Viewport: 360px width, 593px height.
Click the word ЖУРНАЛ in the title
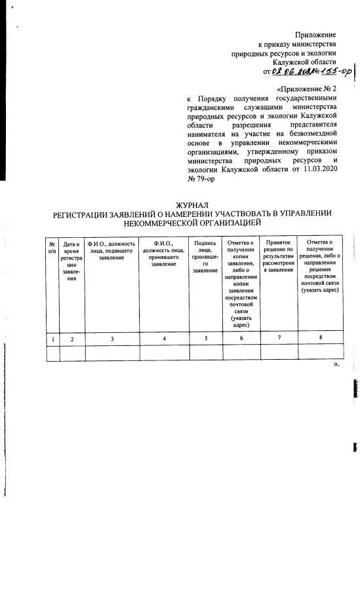tap(192, 206)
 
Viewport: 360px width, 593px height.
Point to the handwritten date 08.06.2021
tap(290, 71)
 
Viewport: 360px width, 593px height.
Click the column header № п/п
tap(52, 247)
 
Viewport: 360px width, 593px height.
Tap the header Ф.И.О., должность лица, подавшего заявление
tap(112, 250)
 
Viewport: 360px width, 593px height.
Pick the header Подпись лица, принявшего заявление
tap(205, 257)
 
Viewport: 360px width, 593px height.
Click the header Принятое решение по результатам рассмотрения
tap(279, 257)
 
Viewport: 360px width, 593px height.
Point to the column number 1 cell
tap(52, 338)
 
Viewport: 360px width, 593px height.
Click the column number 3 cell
tap(112, 338)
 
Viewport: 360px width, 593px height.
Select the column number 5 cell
tap(205, 338)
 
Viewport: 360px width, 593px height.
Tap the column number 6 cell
tap(241, 338)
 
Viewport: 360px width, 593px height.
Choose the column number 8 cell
tap(320, 338)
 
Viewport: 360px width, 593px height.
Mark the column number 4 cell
tap(164, 338)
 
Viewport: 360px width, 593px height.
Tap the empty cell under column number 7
tap(279, 353)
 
